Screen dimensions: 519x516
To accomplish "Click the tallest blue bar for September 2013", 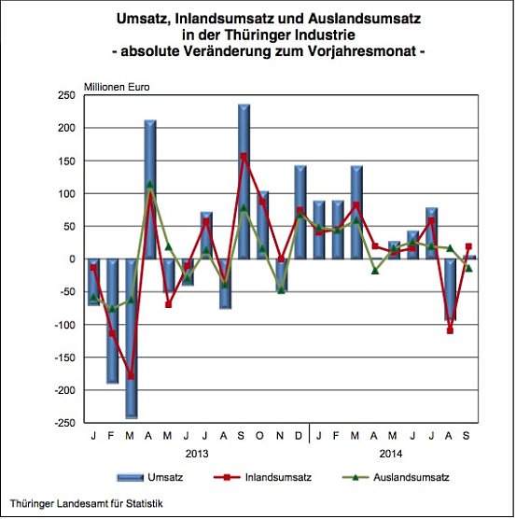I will coord(244,182).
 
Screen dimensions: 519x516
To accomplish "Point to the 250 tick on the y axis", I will coord(67,95).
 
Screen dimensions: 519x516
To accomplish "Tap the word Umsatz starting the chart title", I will coord(141,18).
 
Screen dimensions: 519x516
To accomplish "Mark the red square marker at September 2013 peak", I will coord(244,156).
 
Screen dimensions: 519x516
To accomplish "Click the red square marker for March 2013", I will coord(131,376).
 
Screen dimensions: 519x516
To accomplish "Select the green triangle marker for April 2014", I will coord(375,271).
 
